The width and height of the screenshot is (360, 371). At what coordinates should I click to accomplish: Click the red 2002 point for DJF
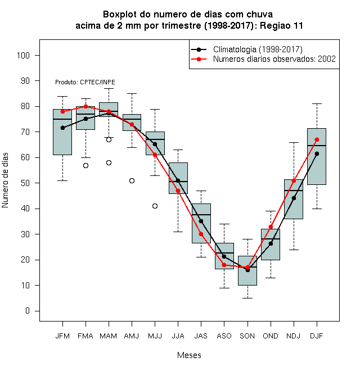pyautogui.click(x=317, y=139)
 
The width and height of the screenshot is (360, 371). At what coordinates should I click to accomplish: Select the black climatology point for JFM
pyautogui.click(x=62, y=128)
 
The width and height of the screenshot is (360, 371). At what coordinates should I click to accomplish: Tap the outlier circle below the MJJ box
pyautogui.click(x=155, y=206)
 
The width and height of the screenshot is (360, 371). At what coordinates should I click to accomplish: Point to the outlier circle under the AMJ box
pyautogui.click(x=132, y=181)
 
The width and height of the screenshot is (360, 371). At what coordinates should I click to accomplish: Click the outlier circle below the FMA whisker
pyautogui.click(x=85, y=166)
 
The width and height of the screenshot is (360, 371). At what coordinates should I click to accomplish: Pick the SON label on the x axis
pyautogui.click(x=247, y=336)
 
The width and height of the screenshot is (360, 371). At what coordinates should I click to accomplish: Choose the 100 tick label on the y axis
pyautogui.click(x=23, y=55)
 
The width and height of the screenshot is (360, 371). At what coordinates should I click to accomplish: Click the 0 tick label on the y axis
pyautogui.click(x=28, y=311)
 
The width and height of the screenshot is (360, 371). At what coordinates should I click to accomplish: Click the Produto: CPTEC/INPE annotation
pyautogui.click(x=85, y=82)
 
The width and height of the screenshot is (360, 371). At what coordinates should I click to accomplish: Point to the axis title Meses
pyautogui.click(x=189, y=355)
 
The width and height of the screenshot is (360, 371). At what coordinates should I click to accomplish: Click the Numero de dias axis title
pyautogui.click(x=5, y=180)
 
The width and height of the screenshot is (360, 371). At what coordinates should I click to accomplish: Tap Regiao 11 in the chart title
pyautogui.click(x=281, y=25)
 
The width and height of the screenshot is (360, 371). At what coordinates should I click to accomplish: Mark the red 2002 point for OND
pyautogui.click(x=271, y=227)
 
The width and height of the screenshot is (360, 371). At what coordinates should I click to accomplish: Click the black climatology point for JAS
pyautogui.click(x=201, y=221)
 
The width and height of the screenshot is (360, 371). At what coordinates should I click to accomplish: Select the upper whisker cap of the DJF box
pyautogui.click(x=317, y=103)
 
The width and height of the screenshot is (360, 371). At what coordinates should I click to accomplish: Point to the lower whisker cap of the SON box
pyautogui.click(x=247, y=298)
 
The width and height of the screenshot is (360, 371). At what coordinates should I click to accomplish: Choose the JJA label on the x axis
pyautogui.click(x=178, y=336)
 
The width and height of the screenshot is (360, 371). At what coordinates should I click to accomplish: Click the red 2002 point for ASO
pyautogui.click(x=224, y=265)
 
